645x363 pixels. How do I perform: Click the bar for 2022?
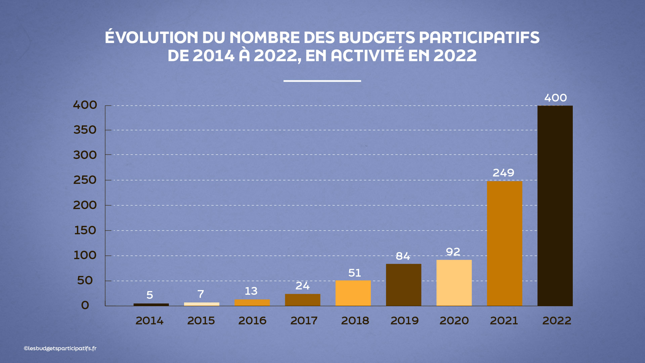pyautogui.click(x=555, y=206)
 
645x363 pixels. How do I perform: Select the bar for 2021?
pyautogui.click(x=505, y=243)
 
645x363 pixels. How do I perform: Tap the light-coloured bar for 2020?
pyautogui.click(x=454, y=283)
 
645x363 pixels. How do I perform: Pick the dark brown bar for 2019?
pyautogui.click(x=403, y=285)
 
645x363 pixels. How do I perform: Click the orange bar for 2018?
pyautogui.click(x=353, y=293)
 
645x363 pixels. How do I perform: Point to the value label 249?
pyautogui.click(x=503, y=173)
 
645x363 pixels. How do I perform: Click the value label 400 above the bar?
pyautogui.click(x=555, y=98)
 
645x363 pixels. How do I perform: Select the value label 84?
pyautogui.click(x=403, y=256)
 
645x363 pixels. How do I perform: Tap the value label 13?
pyautogui.click(x=251, y=291)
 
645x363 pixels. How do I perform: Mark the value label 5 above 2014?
pyautogui.click(x=150, y=295)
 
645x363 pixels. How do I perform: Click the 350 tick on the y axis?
pyautogui.click(x=85, y=130)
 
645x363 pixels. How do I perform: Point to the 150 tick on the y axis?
pyautogui.click(x=85, y=231)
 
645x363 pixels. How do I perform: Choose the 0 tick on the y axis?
pyautogui.click(x=85, y=305)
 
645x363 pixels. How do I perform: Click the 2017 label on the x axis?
pyautogui.click(x=304, y=321)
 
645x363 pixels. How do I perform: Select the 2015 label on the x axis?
pyautogui.click(x=201, y=321)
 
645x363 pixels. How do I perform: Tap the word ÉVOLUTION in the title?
pyautogui.click(x=152, y=37)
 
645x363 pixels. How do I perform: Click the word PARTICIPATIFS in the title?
pyautogui.click(x=479, y=37)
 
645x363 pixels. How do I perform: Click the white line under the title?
pyautogui.click(x=322, y=81)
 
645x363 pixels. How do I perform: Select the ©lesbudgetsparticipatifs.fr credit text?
pyautogui.click(x=60, y=349)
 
